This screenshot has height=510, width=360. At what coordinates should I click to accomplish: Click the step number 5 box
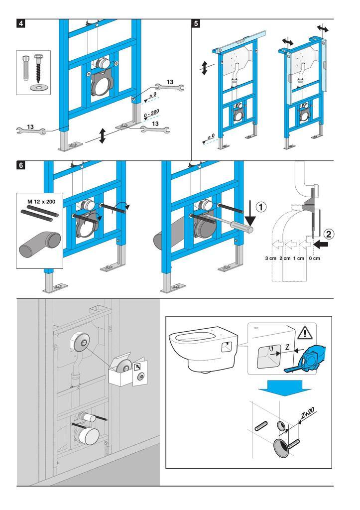click(x=197, y=24)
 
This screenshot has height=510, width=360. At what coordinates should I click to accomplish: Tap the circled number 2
click(x=329, y=233)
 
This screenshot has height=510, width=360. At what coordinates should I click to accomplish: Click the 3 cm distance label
click(x=270, y=258)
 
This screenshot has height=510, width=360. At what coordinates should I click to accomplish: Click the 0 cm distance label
click(x=314, y=258)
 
